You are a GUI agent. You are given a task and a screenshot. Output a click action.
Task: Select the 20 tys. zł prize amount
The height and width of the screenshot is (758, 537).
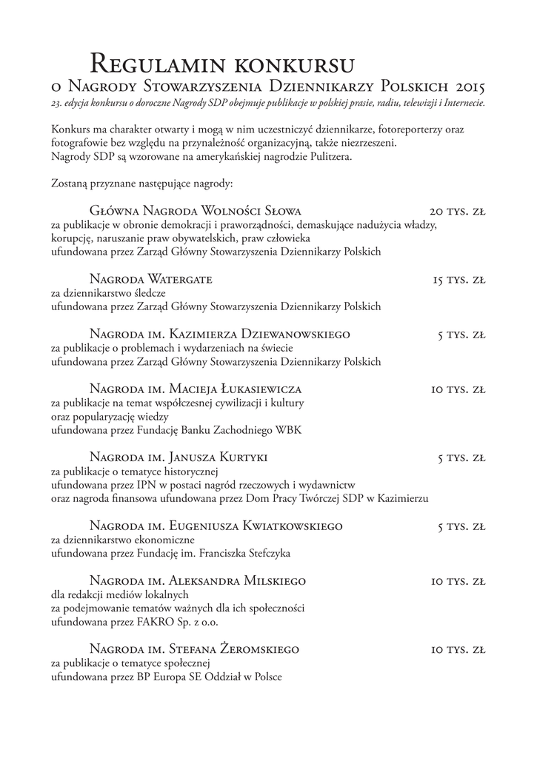pos(457,211)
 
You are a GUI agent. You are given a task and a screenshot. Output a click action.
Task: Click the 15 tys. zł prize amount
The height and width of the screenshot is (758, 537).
pos(459,280)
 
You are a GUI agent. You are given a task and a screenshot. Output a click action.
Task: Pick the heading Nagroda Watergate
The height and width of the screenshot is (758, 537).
pos(150,280)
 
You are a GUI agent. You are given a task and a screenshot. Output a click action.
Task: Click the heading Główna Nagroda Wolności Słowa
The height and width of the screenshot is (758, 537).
pos(195,211)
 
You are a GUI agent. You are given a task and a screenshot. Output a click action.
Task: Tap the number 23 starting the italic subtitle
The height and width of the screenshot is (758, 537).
pos(56,103)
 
